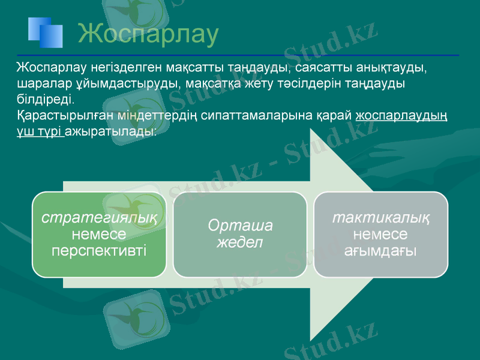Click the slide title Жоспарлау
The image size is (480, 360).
tap(148, 34)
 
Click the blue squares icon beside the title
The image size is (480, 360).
tap(45, 32)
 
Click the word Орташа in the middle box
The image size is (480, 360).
tap(240, 226)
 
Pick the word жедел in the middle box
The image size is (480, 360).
tap(240, 242)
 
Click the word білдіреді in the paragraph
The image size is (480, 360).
tap(45, 98)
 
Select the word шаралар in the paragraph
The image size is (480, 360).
tap(40, 82)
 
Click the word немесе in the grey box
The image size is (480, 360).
tap(381, 233)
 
